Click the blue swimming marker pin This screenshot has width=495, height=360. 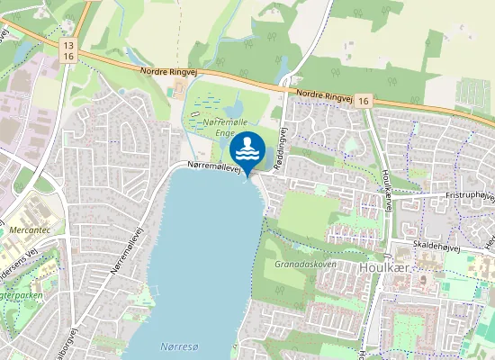(247, 149)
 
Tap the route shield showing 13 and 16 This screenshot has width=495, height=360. (67, 49)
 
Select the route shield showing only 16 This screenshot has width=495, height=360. (362, 103)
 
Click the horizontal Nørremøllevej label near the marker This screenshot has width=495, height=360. (213, 166)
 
